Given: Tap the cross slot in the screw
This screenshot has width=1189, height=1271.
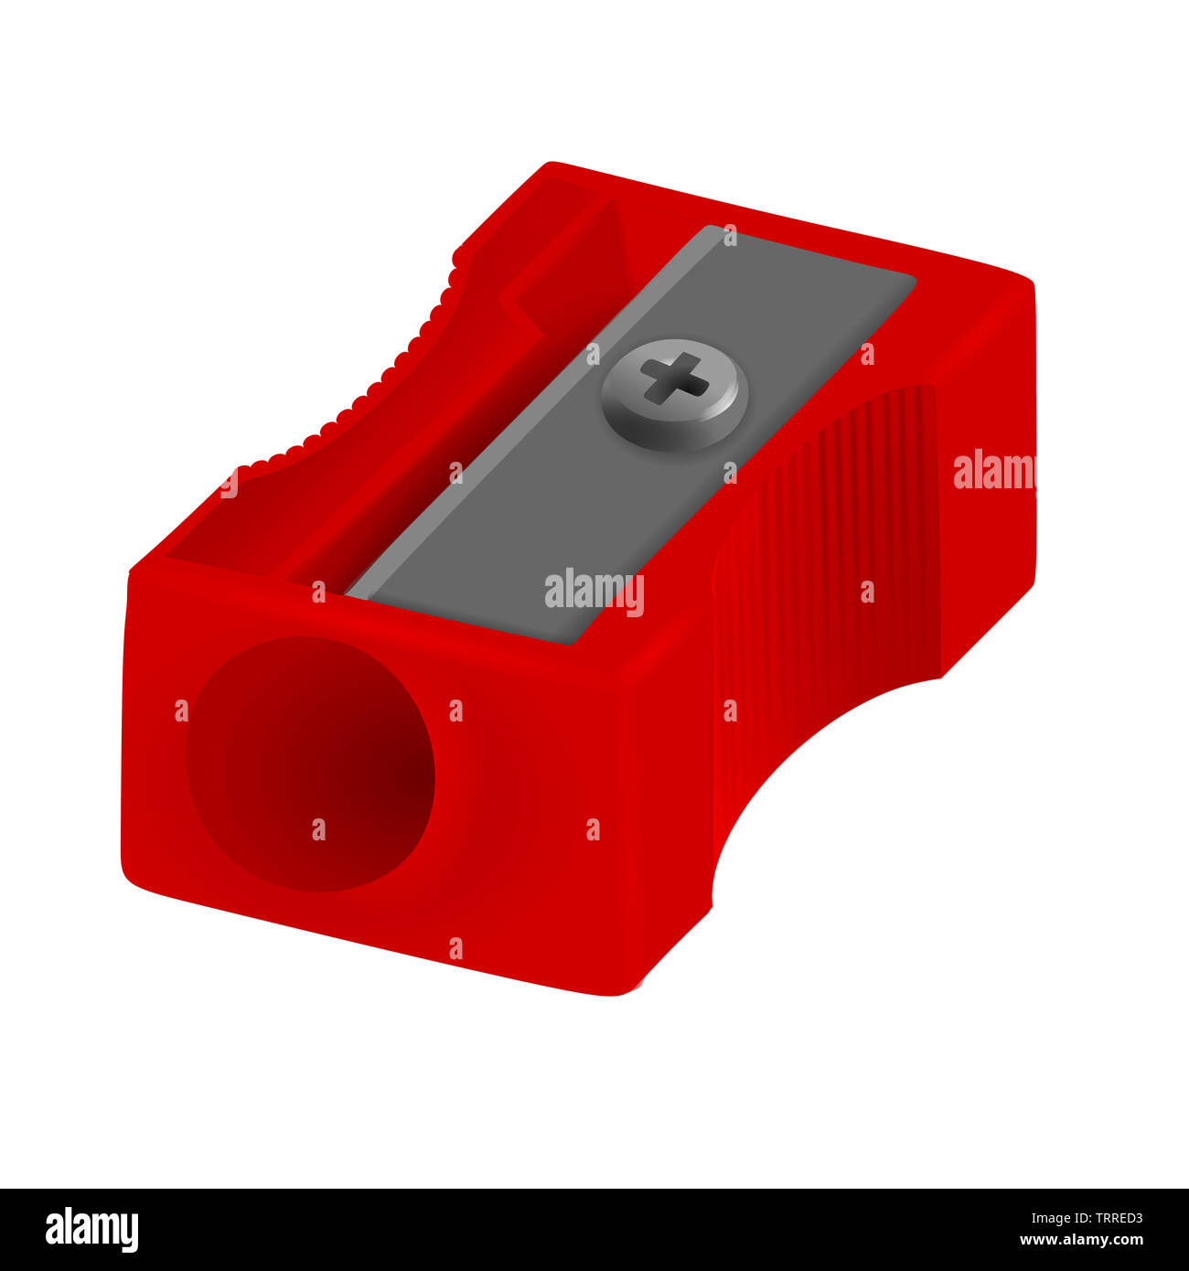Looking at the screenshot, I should coord(674,378).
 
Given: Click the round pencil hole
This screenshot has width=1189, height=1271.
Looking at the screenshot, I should coord(310,764).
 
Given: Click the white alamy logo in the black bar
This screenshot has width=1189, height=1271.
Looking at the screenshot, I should coord(92,1229).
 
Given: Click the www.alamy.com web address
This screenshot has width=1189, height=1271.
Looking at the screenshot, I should coord(1081,1241).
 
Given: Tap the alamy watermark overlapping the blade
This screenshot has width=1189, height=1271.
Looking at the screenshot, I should coord(594,592).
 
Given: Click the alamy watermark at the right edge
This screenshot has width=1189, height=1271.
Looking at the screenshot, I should coord(993,470).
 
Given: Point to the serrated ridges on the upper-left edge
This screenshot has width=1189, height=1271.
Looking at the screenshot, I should coord(393,366).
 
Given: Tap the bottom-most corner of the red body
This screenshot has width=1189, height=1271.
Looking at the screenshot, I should coord(622,992).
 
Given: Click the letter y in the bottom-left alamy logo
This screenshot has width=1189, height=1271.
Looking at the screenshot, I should coord(130,1233).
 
